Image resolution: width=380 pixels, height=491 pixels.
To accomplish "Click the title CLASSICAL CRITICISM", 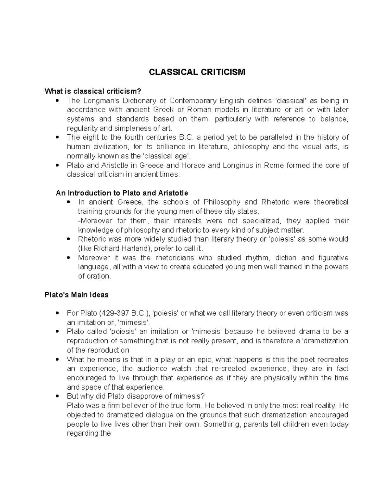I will pos(197,72).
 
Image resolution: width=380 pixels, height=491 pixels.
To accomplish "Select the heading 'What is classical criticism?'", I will pos(92,91).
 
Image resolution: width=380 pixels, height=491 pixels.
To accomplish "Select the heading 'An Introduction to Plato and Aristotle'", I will pos(122,193).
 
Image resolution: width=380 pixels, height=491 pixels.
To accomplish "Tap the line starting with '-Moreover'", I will pos(213,221).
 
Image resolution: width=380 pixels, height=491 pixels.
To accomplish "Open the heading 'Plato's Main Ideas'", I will pos(76,295).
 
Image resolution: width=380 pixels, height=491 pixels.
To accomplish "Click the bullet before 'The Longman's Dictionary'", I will pos(57,101).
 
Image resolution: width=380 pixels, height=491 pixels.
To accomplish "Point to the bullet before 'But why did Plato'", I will pos(57,396).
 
